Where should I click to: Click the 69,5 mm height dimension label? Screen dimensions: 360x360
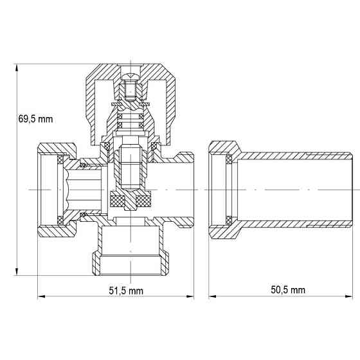click(x=35, y=119)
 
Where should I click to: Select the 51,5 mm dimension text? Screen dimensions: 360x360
click(x=125, y=291)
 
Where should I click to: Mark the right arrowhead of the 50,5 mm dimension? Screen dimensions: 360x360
click(x=350, y=297)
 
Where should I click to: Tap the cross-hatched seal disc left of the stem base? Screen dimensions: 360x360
click(x=119, y=200)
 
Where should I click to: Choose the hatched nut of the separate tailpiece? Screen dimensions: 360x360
click(x=222, y=190)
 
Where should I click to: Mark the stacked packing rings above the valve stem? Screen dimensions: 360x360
click(x=131, y=119)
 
